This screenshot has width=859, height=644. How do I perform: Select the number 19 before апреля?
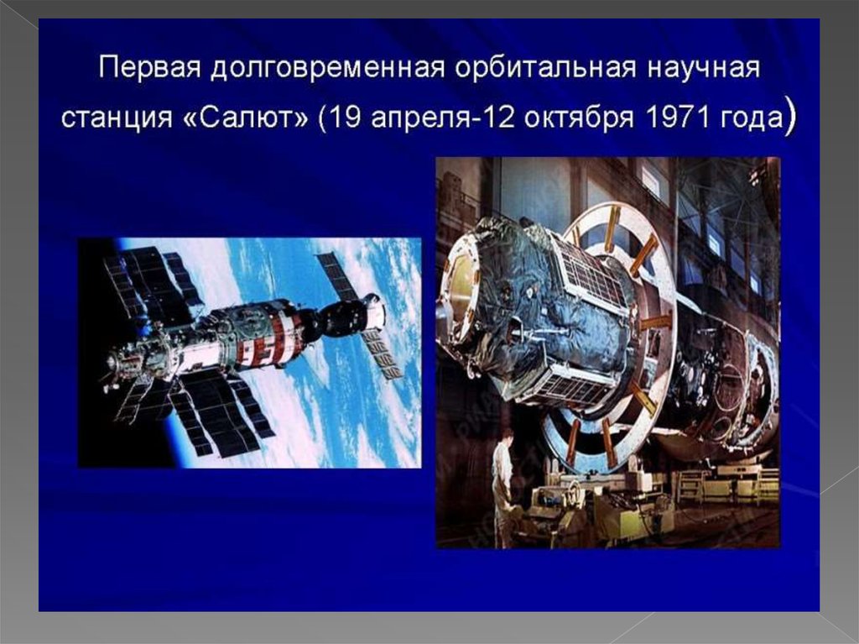(346, 118)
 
